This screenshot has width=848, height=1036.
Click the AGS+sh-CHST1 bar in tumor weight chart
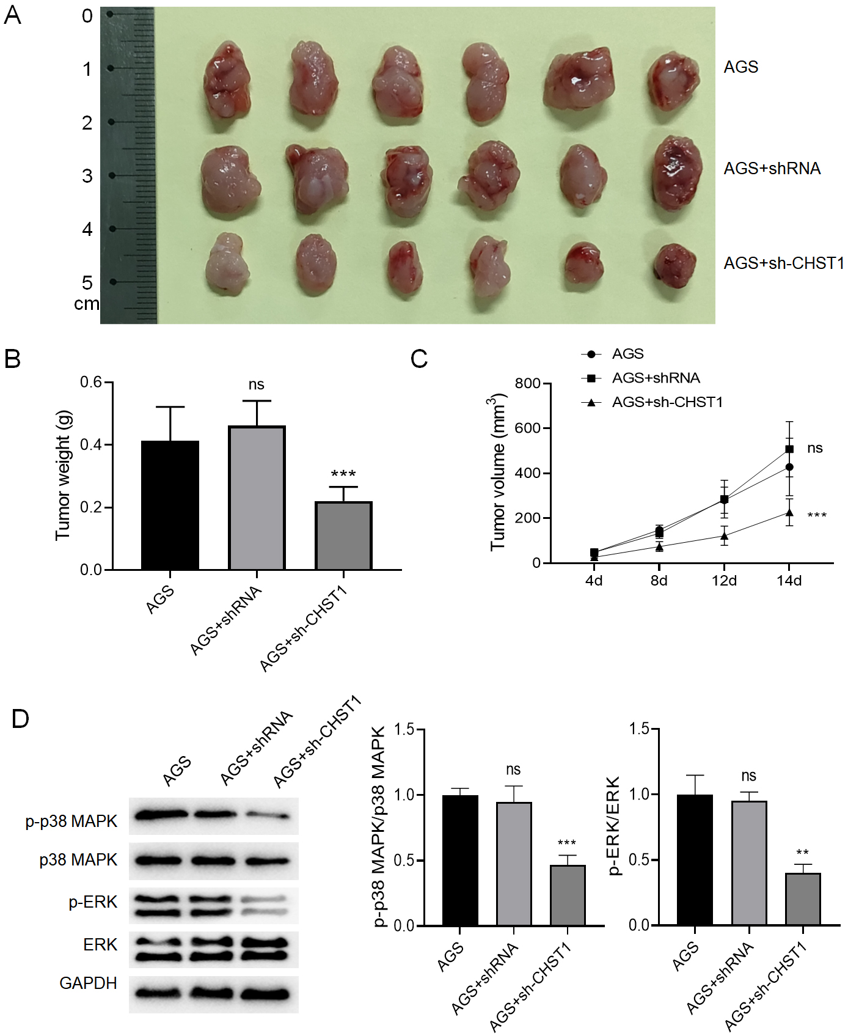[x=343, y=536]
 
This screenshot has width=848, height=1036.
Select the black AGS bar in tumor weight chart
[x=170, y=505]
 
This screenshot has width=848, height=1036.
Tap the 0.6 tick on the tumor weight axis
[x=91, y=383]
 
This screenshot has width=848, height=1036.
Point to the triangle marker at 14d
[x=789, y=513]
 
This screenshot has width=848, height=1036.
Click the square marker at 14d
[x=789, y=449]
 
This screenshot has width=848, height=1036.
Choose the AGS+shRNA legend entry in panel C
[x=656, y=378]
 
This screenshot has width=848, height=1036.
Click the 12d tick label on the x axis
[x=724, y=581]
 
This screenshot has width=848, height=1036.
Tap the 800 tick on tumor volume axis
[x=527, y=384]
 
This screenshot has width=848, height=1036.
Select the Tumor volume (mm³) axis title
[x=498, y=472]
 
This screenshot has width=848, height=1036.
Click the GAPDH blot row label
[x=88, y=983]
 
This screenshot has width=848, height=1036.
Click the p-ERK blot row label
[x=93, y=902]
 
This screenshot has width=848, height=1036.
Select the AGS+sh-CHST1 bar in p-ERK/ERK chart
[x=803, y=899]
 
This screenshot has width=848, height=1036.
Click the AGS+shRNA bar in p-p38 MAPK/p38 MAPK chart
[x=514, y=864]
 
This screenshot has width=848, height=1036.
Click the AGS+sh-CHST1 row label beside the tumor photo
[x=784, y=263]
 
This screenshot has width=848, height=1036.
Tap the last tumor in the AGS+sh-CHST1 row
[x=675, y=266]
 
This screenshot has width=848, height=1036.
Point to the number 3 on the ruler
[x=87, y=176]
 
